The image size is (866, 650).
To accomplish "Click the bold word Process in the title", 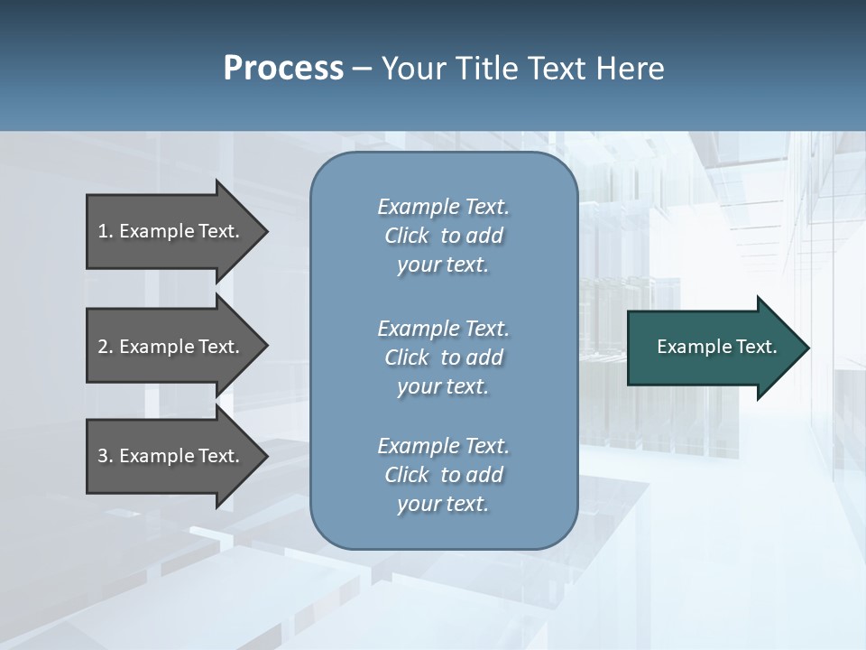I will pyautogui.click(x=283, y=69).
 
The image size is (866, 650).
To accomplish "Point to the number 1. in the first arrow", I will pyautogui.click(x=106, y=231).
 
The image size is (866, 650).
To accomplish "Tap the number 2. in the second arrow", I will pyautogui.click(x=106, y=347).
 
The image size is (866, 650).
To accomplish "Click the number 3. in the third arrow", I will pyautogui.click(x=106, y=456).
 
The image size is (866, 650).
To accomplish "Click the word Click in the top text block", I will pyautogui.click(x=407, y=236).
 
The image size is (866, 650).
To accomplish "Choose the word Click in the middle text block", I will pyautogui.click(x=407, y=357).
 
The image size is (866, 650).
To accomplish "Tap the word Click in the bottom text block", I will pyautogui.click(x=407, y=475).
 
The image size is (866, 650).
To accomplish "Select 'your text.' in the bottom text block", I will pyautogui.click(x=443, y=504).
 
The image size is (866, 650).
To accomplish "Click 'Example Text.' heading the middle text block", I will pyautogui.click(x=443, y=329).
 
